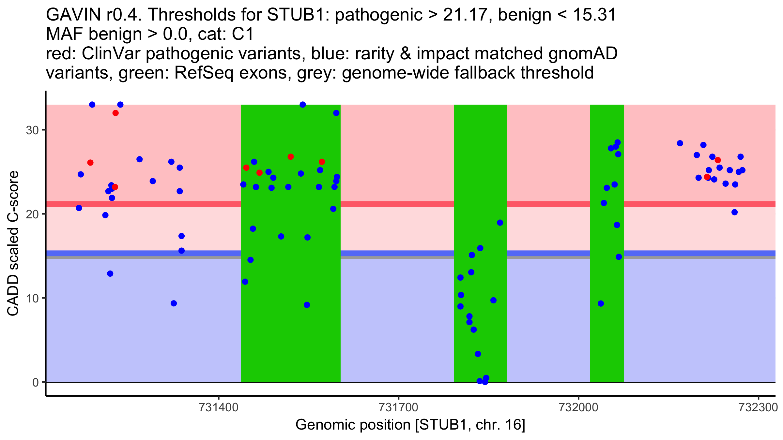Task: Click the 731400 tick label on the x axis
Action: click(x=218, y=408)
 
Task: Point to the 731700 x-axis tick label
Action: click(x=398, y=408)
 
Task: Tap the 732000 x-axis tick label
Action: click(x=578, y=408)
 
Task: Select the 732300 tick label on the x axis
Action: click(x=758, y=408)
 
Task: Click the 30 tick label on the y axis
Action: click(x=32, y=130)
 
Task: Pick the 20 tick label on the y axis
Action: click(x=32, y=214)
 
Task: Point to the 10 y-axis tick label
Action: click(x=32, y=299)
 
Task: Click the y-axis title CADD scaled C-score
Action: click(x=13, y=243)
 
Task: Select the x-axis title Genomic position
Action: click(x=410, y=425)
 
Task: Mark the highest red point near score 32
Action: click(x=115, y=113)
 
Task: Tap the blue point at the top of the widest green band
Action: click(x=303, y=105)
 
